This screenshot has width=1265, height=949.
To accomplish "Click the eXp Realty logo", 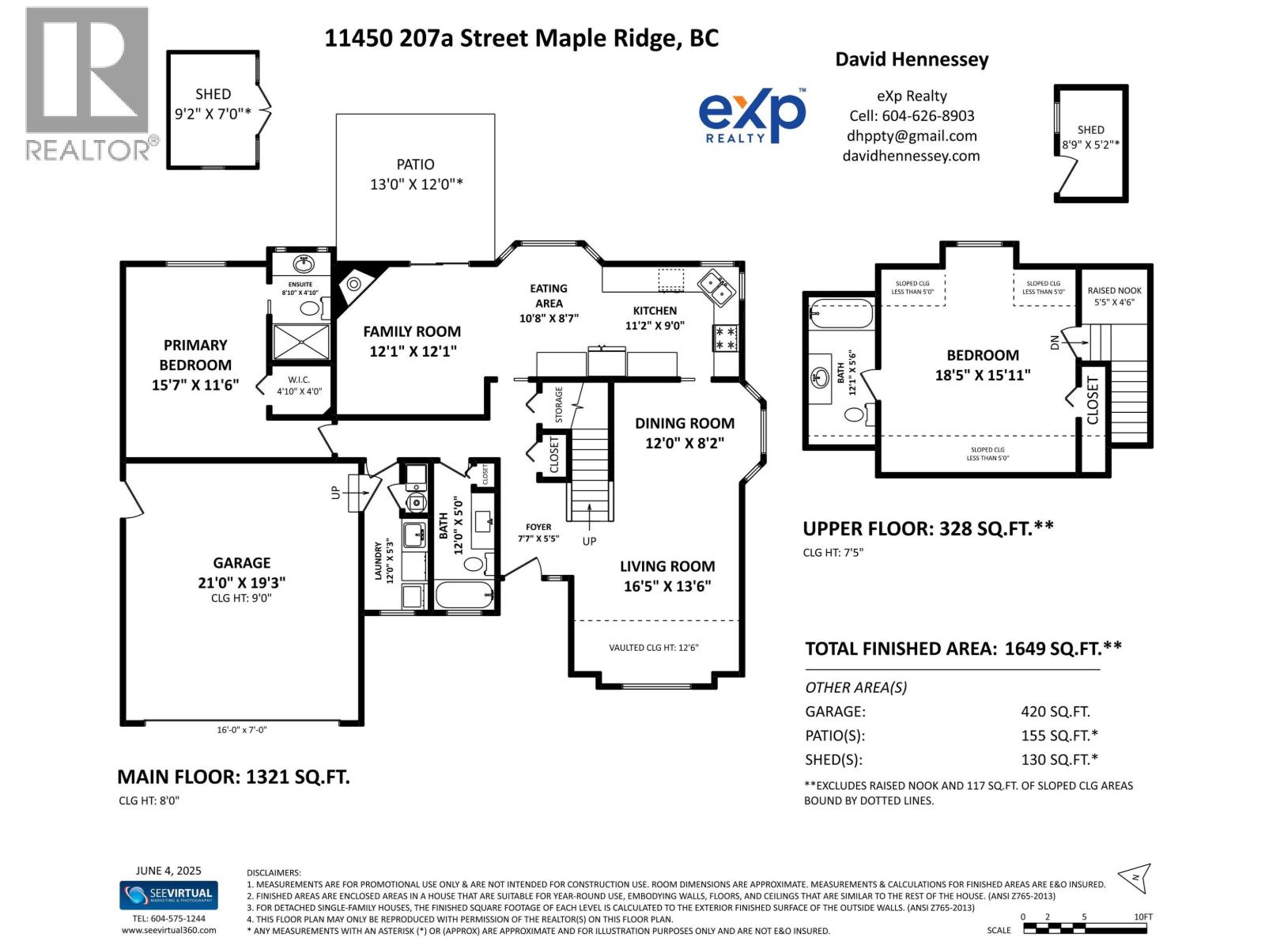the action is (x=752, y=115).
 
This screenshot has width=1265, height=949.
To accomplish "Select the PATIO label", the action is (x=415, y=164).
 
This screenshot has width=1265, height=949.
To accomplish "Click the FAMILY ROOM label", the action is (x=412, y=332).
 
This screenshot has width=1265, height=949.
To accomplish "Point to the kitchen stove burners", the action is (x=725, y=338).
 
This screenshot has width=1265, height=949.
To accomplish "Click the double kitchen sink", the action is (x=716, y=287).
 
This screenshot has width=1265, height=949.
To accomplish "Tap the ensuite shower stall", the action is (x=301, y=342).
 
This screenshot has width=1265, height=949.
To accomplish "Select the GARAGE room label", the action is (x=241, y=563).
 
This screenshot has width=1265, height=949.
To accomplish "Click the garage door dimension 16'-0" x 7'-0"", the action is (x=241, y=730).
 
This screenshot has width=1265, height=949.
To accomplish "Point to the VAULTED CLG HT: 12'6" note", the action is (x=654, y=648).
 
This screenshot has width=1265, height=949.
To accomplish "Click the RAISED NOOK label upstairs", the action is (x=1114, y=291).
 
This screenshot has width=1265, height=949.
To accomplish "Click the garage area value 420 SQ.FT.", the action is (x=1055, y=712).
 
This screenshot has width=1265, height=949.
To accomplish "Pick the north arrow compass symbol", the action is (x=1135, y=878).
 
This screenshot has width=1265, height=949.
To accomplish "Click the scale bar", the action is (x=1085, y=928).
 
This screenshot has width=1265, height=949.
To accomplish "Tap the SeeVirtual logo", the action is (x=168, y=895).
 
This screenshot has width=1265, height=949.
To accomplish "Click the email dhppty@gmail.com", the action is (x=912, y=136).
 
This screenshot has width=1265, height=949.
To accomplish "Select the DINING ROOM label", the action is (x=684, y=424).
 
